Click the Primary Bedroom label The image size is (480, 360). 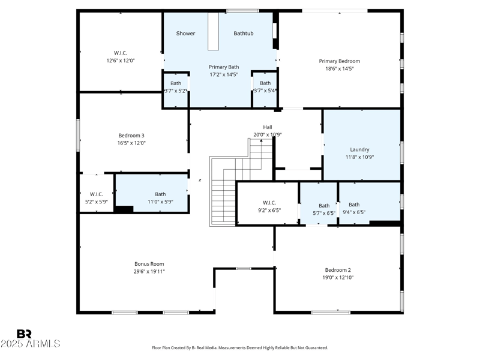[339, 61]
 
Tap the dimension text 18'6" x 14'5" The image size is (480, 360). [339, 69]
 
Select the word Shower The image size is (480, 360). [185, 34]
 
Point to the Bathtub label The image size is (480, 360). [243, 34]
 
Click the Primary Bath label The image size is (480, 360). [223, 67]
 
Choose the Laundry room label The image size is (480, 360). [359, 149]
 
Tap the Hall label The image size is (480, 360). [267, 127]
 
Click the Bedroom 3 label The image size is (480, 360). [131, 136]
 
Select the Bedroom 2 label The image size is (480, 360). [338, 270]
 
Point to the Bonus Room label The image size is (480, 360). [149, 264]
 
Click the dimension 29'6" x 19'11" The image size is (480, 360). [149, 272]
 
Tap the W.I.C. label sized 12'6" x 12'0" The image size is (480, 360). [121, 53]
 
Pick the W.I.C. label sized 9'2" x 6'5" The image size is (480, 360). [268, 203]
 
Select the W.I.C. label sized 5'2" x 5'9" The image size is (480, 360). [97, 194]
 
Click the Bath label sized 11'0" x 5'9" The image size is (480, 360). [160, 194]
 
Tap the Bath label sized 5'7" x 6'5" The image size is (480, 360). [324, 205]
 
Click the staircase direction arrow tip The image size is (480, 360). [261, 140]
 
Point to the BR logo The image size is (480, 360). [24, 334]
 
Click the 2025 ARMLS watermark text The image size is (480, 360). [30, 344]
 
